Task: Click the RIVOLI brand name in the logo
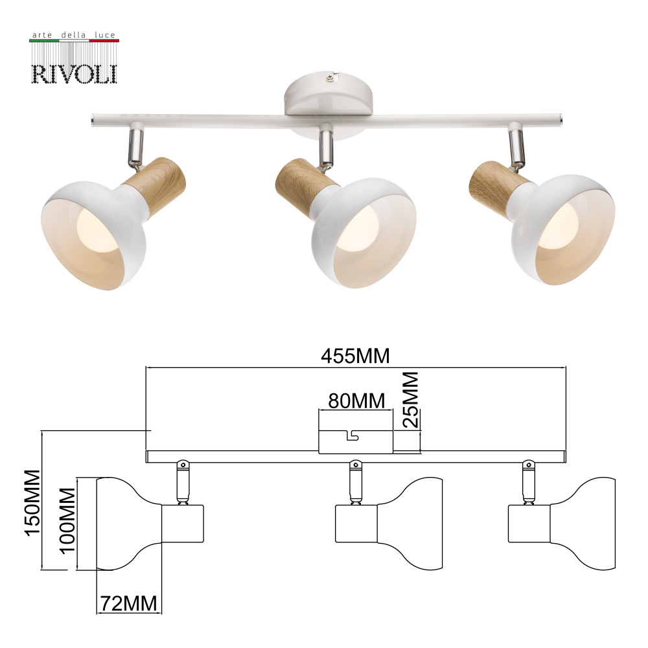point(75,74)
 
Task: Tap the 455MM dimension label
point(355,356)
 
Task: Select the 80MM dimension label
point(356,400)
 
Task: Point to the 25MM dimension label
point(411,399)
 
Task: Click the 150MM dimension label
point(32,503)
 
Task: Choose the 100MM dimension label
point(67,520)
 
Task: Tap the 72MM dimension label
point(129,603)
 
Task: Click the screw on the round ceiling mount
point(329,77)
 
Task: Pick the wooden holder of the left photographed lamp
point(155,181)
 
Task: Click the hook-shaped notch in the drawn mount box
point(351,435)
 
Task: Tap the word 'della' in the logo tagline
point(74,35)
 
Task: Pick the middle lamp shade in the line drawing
point(410,524)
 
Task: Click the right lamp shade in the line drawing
point(583,524)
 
